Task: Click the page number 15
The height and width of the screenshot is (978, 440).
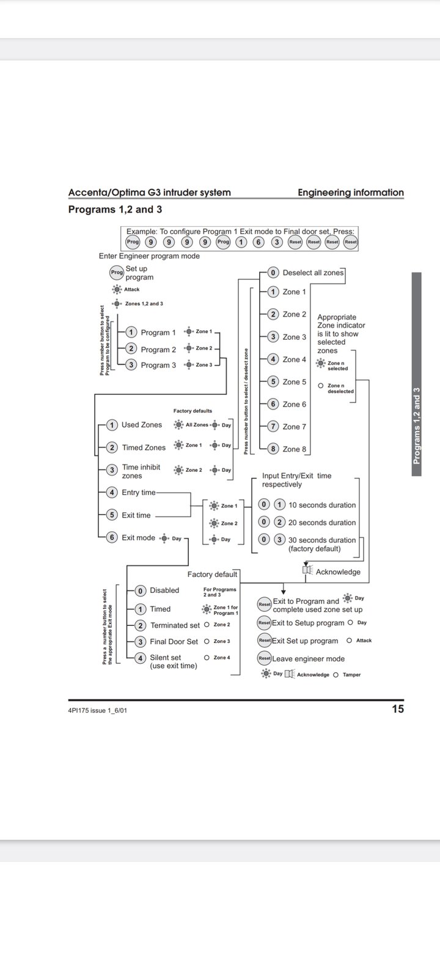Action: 397,709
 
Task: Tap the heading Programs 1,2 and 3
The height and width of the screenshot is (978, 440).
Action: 115,210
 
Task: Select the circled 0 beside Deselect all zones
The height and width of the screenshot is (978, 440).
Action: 273,273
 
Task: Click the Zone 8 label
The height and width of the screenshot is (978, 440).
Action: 295,449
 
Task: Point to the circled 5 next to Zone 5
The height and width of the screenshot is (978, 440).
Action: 273,382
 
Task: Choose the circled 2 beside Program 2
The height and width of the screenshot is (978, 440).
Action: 131,349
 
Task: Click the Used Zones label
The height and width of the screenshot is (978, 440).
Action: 142,425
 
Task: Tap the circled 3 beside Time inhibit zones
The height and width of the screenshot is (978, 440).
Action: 112,470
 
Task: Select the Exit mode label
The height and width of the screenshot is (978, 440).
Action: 138,538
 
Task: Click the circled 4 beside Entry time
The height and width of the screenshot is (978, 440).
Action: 112,493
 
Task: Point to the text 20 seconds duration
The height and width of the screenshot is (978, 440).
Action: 322,523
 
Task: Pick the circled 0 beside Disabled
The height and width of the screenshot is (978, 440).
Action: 140,590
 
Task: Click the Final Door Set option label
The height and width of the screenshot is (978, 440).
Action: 174,642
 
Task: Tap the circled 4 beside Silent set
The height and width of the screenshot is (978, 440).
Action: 140,658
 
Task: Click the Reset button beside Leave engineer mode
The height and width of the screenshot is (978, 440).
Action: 264,659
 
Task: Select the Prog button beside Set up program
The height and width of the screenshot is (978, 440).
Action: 117,273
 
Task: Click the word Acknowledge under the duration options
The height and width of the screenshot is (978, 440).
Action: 338,572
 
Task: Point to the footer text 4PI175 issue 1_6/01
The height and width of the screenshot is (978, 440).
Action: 98,710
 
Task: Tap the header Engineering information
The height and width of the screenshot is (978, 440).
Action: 351,193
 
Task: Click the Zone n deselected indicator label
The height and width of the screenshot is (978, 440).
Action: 340,388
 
